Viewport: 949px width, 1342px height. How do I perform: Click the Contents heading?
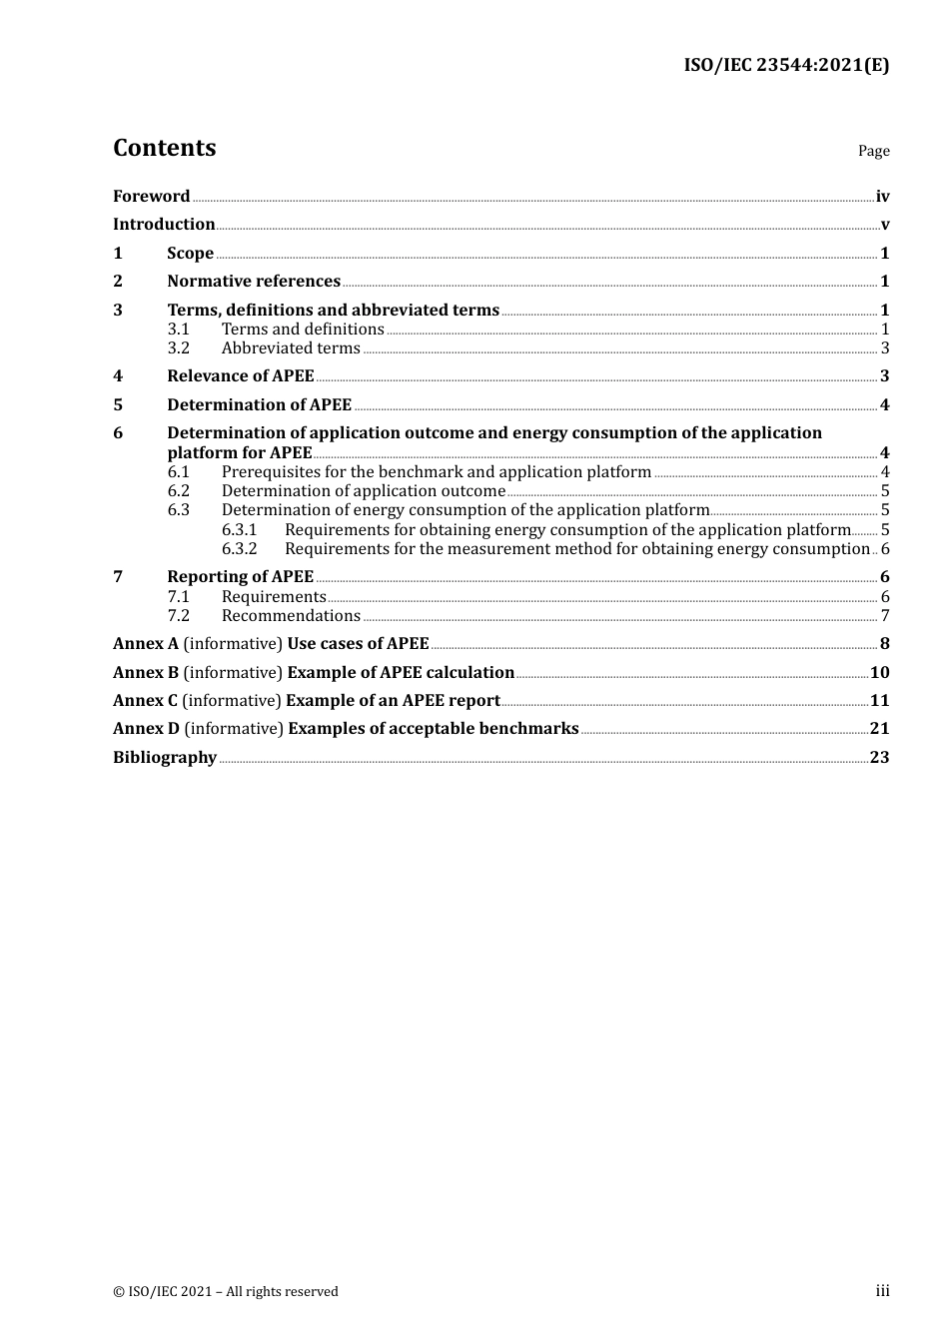pyautogui.click(x=164, y=148)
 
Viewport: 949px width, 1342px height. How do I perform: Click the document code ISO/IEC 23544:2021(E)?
pyautogui.click(x=786, y=65)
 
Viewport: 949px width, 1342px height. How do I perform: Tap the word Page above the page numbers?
pyautogui.click(x=873, y=151)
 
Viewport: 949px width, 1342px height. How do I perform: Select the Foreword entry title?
pyautogui.click(x=151, y=197)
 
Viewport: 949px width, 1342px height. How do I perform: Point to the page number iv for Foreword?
pyautogui.click(x=882, y=197)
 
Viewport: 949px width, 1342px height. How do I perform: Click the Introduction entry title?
pyautogui.click(x=164, y=225)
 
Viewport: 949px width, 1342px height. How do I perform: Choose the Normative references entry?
pyautogui.click(x=254, y=282)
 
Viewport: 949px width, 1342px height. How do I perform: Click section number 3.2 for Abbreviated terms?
pyautogui.click(x=179, y=348)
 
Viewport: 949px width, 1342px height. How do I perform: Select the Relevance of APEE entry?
pyautogui.click(x=241, y=376)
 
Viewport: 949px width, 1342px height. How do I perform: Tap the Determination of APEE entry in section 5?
pyautogui.click(x=260, y=405)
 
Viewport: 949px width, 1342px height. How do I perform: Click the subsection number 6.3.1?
pyautogui.click(x=239, y=530)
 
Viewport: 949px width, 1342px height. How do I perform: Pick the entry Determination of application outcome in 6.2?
pyautogui.click(x=364, y=491)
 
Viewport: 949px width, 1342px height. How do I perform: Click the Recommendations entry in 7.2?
pyautogui.click(x=291, y=616)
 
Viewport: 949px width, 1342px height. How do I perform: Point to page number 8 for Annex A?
pyautogui.click(x=884, y=644)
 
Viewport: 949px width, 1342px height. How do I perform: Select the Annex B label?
pyautogui.click(x=146, y=673)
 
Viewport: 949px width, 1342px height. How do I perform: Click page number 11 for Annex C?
pyautogui.click(x=879, y=701)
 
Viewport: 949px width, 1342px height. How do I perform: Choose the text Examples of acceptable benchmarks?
pyautogui.click(x=434, y=729)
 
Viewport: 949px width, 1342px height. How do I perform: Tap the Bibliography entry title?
pyautogui.click(x=165, y=758)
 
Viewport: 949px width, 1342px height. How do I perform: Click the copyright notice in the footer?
pyautogui.click(x=226, y=1292)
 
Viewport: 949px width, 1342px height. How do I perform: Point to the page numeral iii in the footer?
pyautogui.click(x=882, y=1291)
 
